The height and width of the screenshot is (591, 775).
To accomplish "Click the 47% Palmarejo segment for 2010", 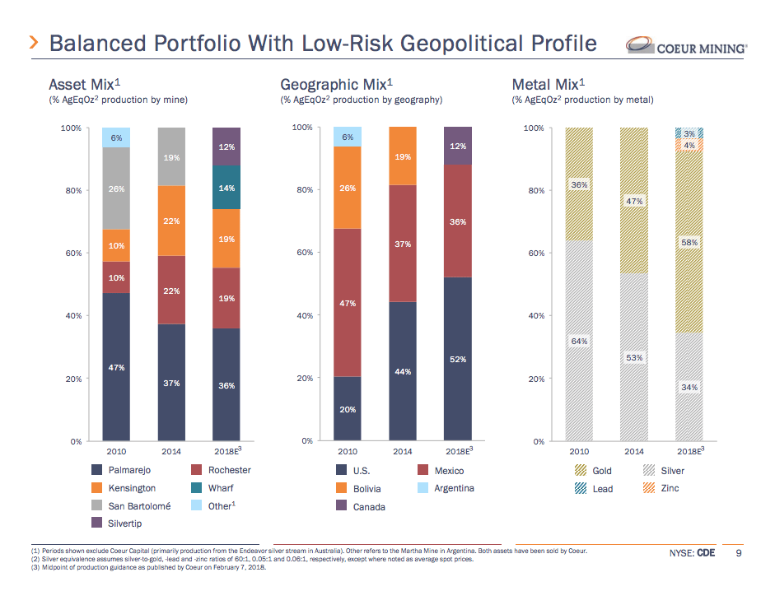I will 116,367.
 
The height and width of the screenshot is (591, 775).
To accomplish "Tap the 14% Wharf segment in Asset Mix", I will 226,188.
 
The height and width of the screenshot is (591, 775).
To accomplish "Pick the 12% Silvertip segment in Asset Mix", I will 226,147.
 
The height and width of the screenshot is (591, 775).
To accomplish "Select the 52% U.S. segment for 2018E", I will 458,359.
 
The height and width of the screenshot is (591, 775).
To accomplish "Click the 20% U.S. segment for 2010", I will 348,409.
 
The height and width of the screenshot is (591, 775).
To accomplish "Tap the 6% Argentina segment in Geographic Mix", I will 348,137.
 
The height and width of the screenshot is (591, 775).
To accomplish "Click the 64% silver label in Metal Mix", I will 579,341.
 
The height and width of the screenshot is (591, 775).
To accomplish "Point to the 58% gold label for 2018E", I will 689,242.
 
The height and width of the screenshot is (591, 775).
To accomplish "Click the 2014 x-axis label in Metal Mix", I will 634,451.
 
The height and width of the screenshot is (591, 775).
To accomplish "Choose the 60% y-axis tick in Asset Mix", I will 72,254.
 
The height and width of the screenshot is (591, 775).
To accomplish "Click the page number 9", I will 739,552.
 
